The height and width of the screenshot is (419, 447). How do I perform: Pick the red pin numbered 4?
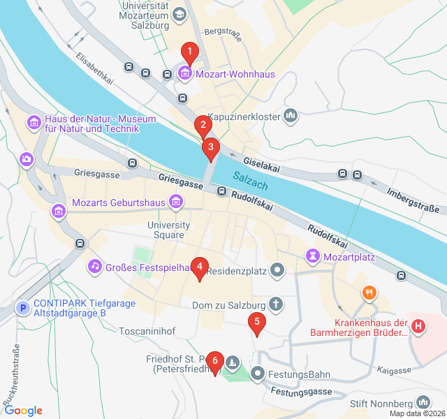pos(200,267)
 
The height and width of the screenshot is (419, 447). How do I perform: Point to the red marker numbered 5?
pos(257,323)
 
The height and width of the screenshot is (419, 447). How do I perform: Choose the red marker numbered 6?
pos(214,361)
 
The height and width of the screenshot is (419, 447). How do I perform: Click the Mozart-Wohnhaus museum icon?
pos(185,73)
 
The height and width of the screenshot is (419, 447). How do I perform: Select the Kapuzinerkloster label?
pos(244,116)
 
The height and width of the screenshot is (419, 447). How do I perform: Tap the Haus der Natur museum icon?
pos(34,124)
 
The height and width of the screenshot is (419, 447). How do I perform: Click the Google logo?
pos(23,411)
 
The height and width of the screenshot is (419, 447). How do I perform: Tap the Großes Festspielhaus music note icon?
pos(94,266)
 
